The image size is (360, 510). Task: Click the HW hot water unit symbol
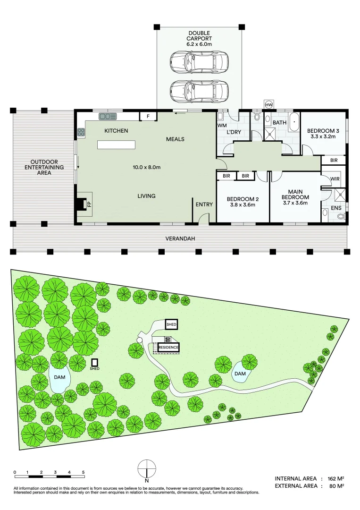coord(269,104)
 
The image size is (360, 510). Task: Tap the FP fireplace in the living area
coord(85,204)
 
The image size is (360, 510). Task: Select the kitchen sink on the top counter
coord(108,116)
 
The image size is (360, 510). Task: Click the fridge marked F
coord(148,116)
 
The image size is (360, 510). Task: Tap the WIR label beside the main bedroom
coord(335,179)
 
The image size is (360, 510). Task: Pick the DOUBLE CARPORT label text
coord(200,36)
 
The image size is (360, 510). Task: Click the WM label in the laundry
coord(222,126)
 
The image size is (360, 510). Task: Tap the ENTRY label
coord(204,204)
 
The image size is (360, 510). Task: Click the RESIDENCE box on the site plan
coord(168,348)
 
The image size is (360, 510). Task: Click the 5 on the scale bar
coord(83,472)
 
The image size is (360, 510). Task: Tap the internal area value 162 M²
coord(335,479)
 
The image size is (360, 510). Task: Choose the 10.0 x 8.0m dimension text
coord(147,167)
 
